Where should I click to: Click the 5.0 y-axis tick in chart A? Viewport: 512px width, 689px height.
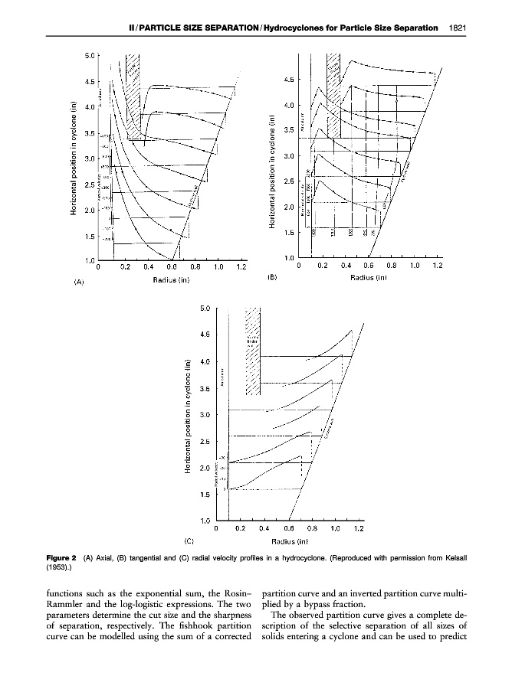90,55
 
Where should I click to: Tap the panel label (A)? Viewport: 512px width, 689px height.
78,282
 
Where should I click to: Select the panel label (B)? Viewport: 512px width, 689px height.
272,278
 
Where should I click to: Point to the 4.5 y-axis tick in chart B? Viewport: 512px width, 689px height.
291,78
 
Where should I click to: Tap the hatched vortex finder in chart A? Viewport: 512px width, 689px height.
133,96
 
